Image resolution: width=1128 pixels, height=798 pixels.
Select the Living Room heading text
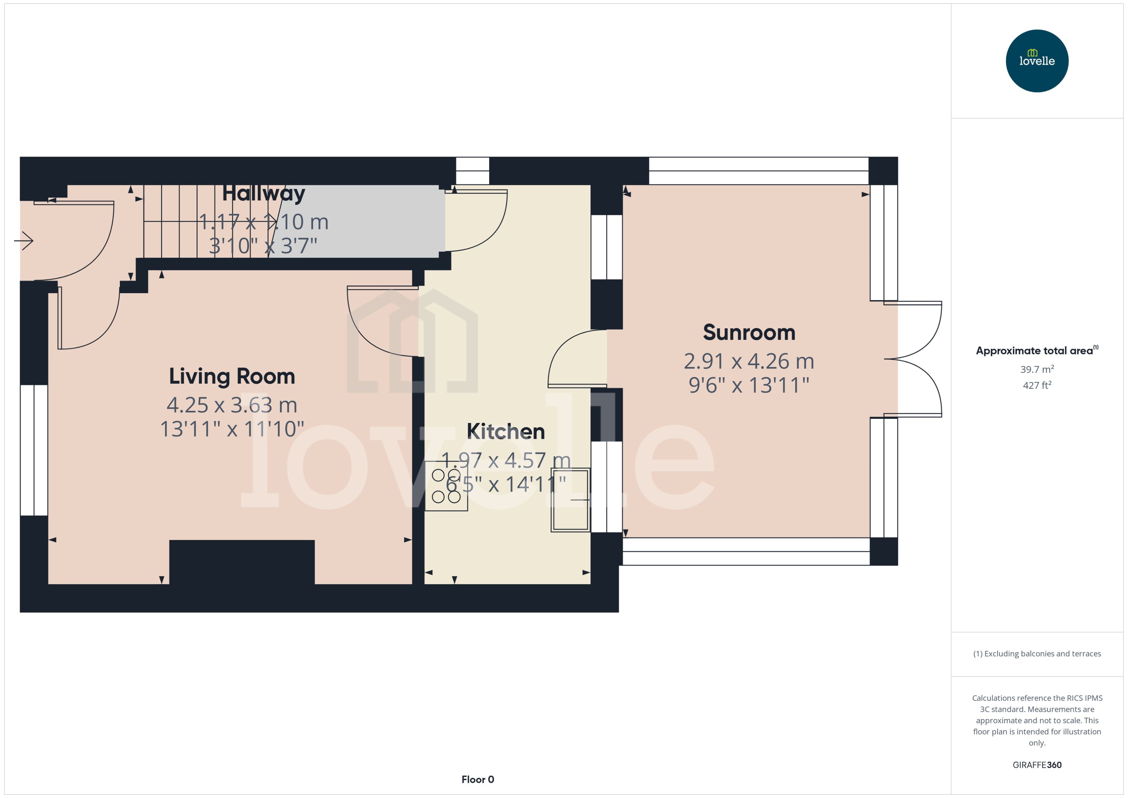click(x=232, y=376)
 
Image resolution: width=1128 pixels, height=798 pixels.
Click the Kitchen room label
click(x=505, y=431)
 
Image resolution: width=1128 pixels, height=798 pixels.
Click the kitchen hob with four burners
click(x=446, y=486)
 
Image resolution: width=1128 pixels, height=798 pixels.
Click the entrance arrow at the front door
click(x=24, y=241)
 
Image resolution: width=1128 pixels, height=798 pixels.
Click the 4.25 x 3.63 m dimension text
click(x=232, y=405)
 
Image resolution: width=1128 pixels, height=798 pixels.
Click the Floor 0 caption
click(x=477, y=779)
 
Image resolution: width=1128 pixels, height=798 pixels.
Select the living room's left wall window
click(x=34, y=450)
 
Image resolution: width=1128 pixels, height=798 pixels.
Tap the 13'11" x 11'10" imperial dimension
click(x=232, y=429)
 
